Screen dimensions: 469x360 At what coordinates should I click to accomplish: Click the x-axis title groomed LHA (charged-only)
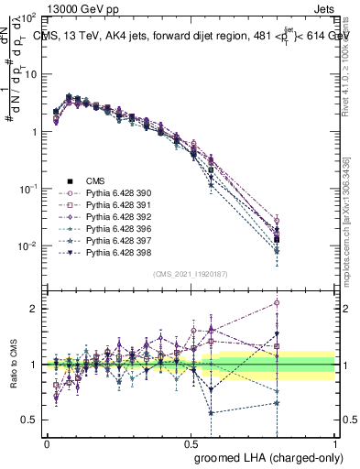coord(265,456)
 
